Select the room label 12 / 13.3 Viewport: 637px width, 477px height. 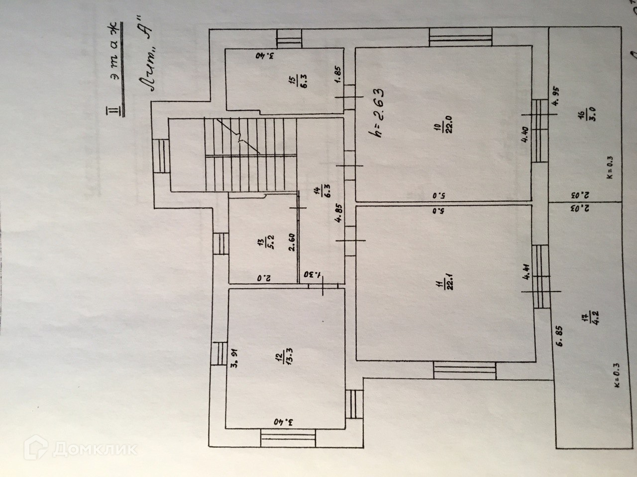point(282,356)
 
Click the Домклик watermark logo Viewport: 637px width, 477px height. point(83,449)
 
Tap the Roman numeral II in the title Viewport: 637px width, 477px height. point(115,110)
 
